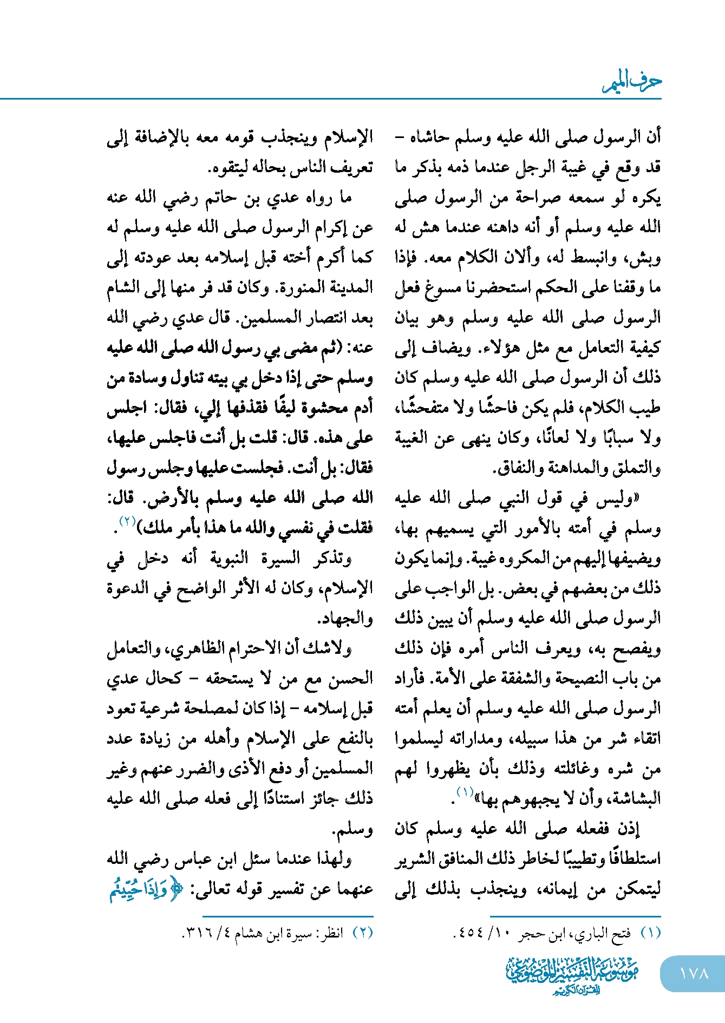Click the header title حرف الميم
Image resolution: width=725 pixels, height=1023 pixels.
click(632, 82)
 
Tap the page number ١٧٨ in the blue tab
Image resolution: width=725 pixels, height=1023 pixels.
click(694, 973)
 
